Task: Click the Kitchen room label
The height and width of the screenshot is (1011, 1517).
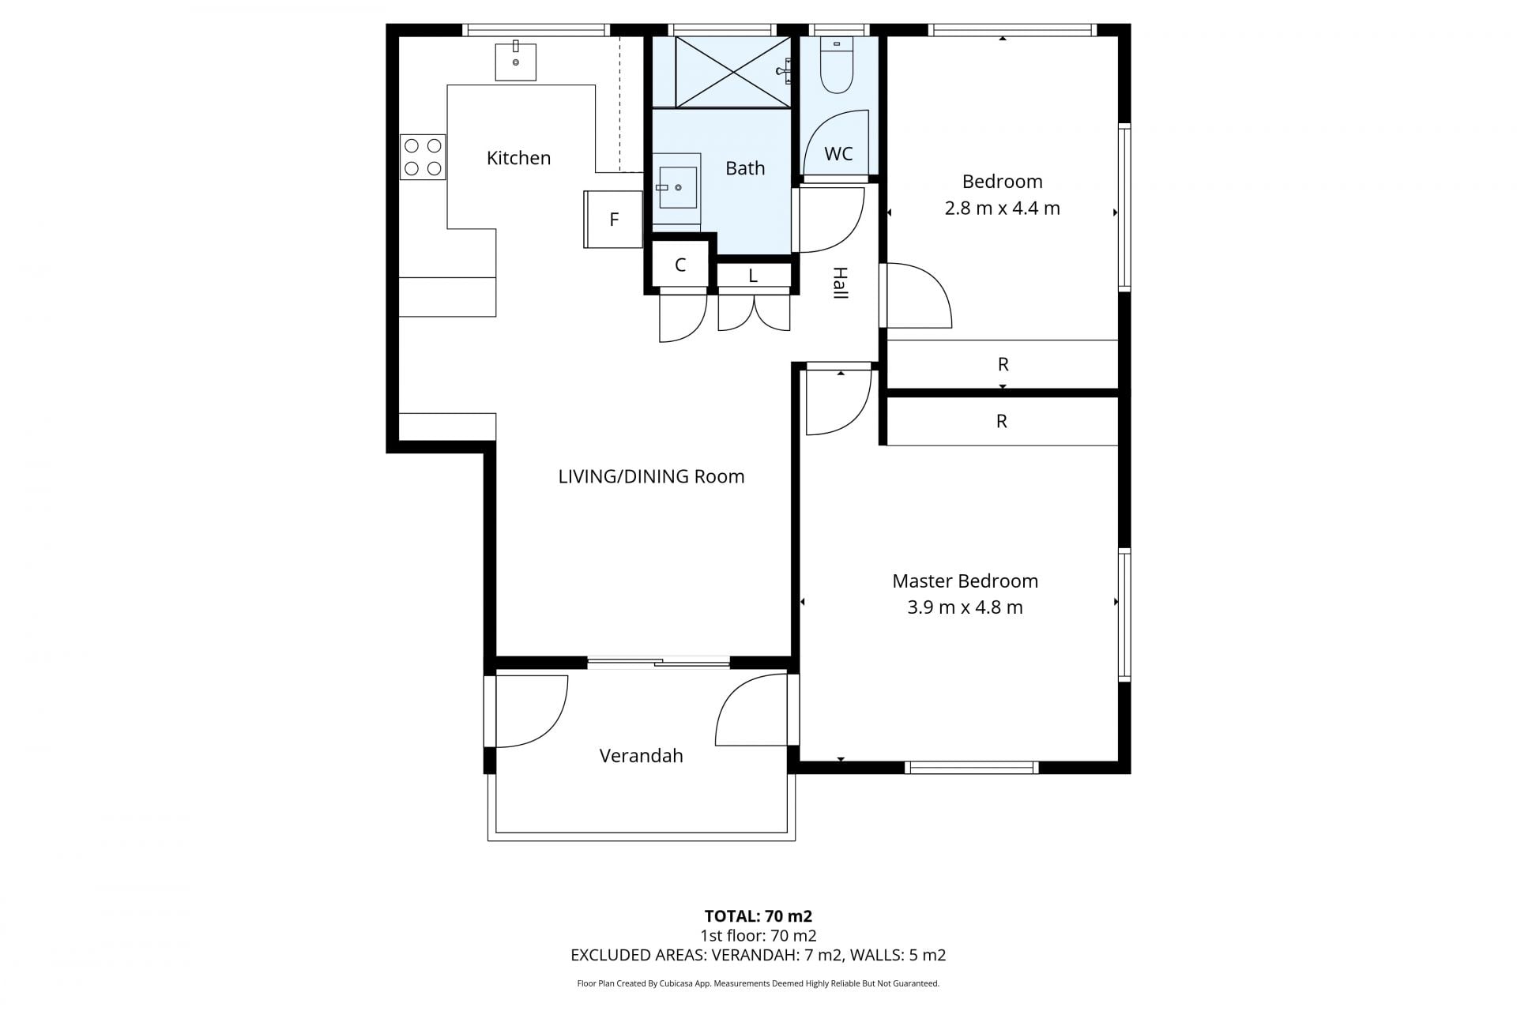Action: (x=518, y=158)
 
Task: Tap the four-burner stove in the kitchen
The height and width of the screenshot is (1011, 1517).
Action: (x=423, y=157)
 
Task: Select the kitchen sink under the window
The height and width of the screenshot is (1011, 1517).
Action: (x=515, y=62)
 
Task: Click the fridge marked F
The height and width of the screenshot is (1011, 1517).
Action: (x=613, y=220)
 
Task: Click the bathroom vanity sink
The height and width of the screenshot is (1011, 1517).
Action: (x=677, y=188)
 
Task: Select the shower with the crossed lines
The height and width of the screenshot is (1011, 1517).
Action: (x=732, y=71)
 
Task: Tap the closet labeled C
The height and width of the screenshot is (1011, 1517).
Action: (x=679, y=265)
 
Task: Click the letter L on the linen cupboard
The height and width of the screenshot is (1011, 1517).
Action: (x=753, y=276)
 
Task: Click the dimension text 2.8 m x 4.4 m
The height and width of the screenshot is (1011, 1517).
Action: (x=1002, y=209)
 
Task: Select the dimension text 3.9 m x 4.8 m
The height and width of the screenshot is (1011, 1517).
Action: (x=965, y=607)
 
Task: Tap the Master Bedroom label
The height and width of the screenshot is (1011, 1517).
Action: (x=965, y=581)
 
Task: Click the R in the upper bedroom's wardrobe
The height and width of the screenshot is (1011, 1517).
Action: (x=1003, y=364)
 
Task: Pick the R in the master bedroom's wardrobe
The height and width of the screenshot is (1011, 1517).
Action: (x=1001, y=421)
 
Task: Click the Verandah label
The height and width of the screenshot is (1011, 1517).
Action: (x=641, y=756)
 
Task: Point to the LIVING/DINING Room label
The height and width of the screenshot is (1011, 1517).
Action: (x=651, y=476)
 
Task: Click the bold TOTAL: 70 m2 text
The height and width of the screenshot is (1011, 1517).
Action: (x=758, y=916)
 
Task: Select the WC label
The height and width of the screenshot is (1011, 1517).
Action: (x=838, y=153)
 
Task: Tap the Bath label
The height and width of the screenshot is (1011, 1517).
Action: (x=745, y=167)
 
